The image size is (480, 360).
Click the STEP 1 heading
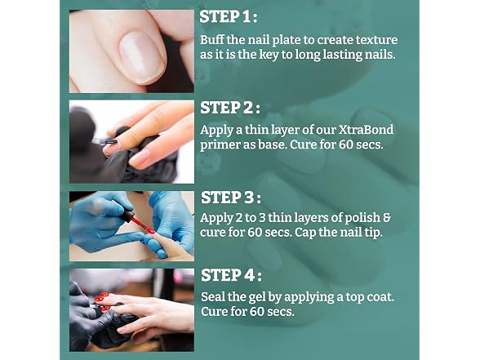click(x=228, y=17)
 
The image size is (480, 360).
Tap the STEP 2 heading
click(x=230, y=108)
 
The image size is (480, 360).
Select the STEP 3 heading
click(x=231, y=198)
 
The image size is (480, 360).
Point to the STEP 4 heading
click(x=232, y=275)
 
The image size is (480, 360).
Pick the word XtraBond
click(x=366, y=130)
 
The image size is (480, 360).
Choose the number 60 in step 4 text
click(x=257, y=312)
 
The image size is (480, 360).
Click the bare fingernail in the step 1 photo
click(x=141, y=57)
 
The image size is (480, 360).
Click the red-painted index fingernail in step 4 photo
click(x=103, y=296)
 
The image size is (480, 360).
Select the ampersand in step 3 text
click(x=387, y=218)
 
